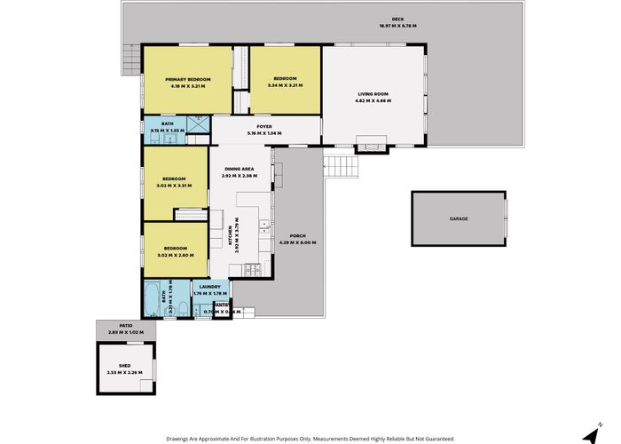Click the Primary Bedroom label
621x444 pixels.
click(185, 80)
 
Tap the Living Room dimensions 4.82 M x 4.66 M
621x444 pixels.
click(373, 99)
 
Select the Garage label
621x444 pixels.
click(458, 218)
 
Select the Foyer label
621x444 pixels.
click(263, 127)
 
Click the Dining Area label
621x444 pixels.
click(240, 169)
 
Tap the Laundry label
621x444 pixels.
click(209, 287)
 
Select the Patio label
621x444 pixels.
click(126, 326)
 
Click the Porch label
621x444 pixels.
click(297, 236)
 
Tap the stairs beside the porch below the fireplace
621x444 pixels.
click(335, 165)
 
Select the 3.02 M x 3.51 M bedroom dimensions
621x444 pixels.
click(174, 186)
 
